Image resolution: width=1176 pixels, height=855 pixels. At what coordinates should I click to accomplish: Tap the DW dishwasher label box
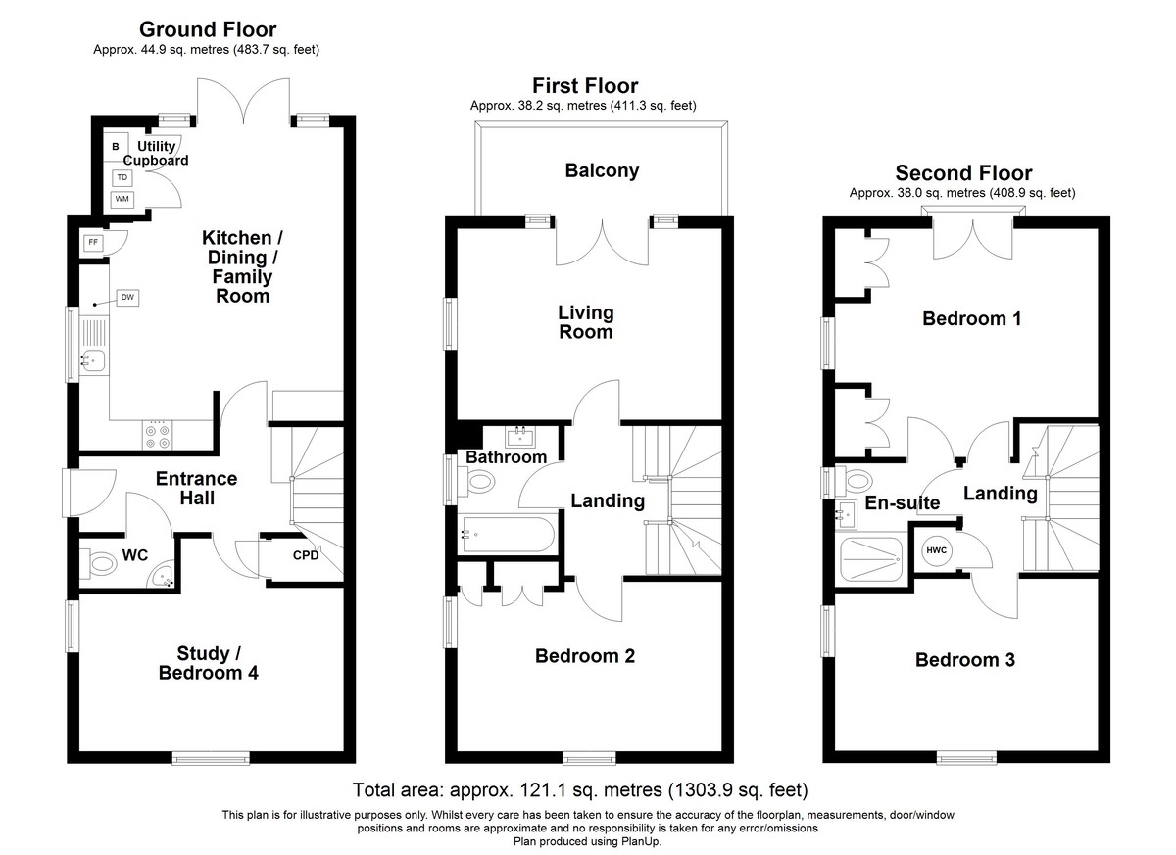coord(127,298)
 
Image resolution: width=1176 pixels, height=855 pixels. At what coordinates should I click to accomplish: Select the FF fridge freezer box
coord(93,242)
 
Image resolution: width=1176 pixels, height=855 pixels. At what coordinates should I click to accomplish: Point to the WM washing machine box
coord(122,199)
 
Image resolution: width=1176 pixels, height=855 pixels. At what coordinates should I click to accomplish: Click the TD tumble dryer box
coord(122,177)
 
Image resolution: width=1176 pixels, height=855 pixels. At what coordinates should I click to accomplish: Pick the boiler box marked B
coord(116,147)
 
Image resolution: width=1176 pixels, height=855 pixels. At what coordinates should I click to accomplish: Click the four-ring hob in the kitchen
coord(159,437)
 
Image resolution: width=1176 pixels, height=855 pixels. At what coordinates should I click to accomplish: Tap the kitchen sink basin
coord(93,360)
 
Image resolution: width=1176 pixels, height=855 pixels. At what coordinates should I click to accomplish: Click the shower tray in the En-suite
coord(871,559)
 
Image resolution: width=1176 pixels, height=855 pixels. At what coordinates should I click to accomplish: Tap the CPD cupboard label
coord(306,555)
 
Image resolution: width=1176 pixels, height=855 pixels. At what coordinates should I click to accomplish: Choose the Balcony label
coord(602,171)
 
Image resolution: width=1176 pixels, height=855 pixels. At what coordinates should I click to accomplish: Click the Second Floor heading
coord(963,173)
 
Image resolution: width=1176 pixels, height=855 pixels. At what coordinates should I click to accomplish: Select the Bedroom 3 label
coord(965,660)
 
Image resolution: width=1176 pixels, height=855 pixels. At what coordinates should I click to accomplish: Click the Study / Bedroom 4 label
coord(209,663)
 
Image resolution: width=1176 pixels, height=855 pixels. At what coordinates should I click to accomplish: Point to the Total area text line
coord(580,789)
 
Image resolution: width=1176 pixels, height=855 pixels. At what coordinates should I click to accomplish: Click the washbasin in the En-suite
coord(846,514)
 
